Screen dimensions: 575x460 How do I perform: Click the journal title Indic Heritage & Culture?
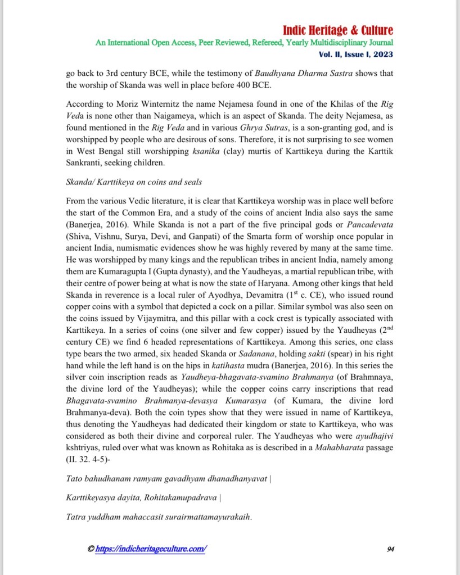[x=338, y=30]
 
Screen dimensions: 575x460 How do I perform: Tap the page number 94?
[x=391, y=549]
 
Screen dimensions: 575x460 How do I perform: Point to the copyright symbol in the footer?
[x=91, y=549]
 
